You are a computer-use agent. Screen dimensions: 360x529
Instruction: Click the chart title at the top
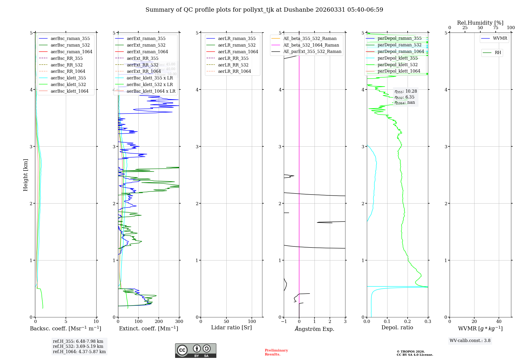tap(264, 10)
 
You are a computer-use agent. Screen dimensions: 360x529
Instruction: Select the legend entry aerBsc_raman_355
tap(70, 39)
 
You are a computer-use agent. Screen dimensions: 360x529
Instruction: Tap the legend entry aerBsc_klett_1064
tap(69, 91)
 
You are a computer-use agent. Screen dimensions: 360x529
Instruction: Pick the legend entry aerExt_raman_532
tap(146, 45)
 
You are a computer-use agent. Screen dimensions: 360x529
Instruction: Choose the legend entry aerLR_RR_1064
tap(234, 71)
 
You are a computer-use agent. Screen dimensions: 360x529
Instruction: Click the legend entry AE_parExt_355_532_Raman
tap(312, 52)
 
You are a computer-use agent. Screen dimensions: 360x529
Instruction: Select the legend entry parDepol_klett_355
tap(398, 58)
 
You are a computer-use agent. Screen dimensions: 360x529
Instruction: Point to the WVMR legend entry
tap(500, 38)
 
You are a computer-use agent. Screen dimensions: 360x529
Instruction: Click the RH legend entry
tap(498, 53)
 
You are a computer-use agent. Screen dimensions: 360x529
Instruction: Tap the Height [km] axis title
tap(25, 175)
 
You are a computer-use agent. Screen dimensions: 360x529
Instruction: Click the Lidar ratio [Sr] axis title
tap(231, 327)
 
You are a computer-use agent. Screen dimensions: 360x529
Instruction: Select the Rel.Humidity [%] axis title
tap(480, 23)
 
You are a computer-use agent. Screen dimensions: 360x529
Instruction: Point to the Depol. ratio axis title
tap(397, 327)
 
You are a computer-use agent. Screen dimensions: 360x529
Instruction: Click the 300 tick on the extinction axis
tap(179, 322)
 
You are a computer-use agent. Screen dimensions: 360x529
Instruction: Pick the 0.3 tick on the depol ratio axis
tap(428, 322)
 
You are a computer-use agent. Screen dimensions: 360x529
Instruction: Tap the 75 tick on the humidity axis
tap(495, 28)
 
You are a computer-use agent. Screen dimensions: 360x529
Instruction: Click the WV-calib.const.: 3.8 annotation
tap(470, 341)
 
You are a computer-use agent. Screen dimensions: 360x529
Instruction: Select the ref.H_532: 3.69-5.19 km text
tap(78, 346)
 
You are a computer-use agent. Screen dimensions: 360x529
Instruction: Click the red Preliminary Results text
tap(276, 352)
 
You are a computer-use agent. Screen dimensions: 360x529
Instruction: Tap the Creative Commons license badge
tap(195, 350)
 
